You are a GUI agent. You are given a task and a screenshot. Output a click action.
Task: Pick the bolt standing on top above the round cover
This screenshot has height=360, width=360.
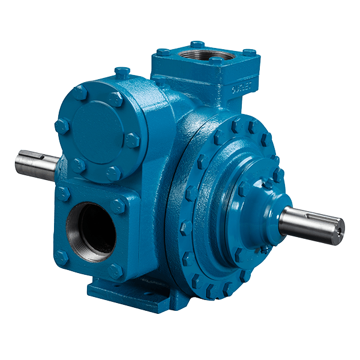(123, 73)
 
